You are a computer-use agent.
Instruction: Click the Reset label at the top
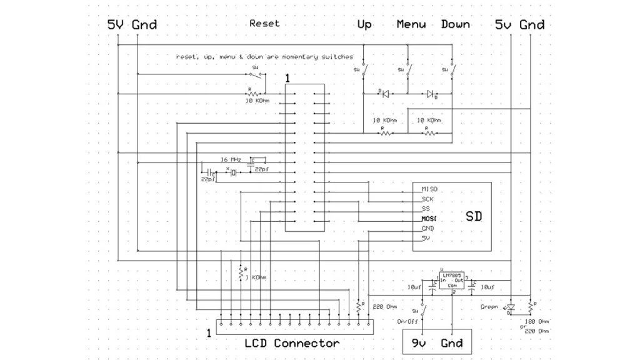pos(264,24)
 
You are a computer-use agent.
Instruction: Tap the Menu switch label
pos(411,24)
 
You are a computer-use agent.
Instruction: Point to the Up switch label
pos(364,24)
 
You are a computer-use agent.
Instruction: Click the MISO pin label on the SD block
pos(429,189)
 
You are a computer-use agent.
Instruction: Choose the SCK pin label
pos(428,199)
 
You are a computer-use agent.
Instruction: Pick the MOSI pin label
pos(429,219)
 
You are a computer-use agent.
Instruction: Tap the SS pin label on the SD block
pos(426,209)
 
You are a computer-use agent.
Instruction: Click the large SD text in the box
pos(474,216)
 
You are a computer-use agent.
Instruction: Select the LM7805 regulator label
pos(454,274)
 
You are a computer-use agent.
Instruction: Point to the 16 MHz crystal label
pos(231,159)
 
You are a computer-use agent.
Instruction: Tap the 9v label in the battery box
pos(418,342)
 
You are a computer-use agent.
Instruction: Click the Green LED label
pos(489,307)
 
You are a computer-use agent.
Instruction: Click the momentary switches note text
pos(264,57)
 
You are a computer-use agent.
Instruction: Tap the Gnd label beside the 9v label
pos(451,342)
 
